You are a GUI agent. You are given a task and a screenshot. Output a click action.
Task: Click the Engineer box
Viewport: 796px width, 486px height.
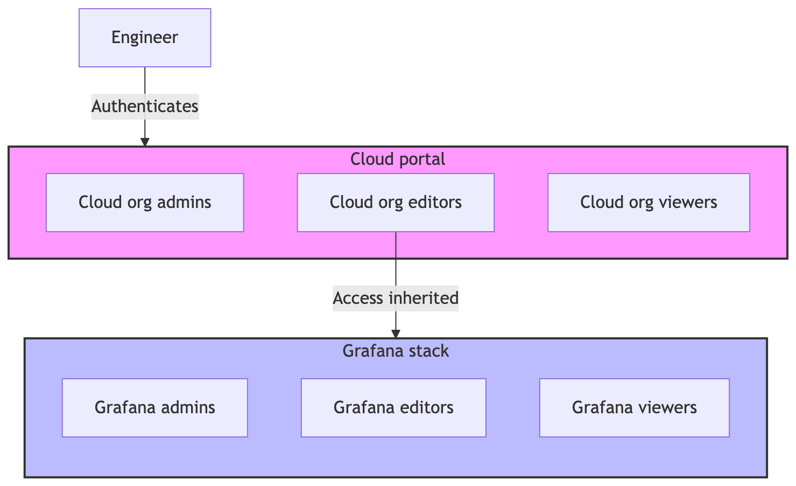[x=145, y=38]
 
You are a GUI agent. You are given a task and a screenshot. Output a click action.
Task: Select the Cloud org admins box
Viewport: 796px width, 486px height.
[x=145, y=203]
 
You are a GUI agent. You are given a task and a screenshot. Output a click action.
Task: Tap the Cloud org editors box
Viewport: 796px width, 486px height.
[x=396, y=203]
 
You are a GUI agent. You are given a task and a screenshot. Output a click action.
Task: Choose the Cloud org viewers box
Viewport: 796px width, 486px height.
[x=649, y=203]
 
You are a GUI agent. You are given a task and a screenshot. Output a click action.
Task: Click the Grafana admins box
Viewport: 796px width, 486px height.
[x=155, y=407]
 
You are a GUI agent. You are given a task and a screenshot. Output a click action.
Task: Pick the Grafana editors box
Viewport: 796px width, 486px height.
[x=393, y=407]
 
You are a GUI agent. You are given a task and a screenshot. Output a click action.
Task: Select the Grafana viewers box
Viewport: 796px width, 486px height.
[x=634, y=407]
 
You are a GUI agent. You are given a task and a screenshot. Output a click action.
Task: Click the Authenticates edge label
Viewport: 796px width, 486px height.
[x=145, y=107]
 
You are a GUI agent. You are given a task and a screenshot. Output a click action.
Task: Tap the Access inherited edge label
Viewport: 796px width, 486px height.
[x=396, y=298]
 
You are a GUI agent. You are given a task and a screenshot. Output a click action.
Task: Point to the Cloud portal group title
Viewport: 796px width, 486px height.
[x=398, y=159]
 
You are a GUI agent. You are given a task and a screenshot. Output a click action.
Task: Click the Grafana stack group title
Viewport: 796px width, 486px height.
[x=396, y=351]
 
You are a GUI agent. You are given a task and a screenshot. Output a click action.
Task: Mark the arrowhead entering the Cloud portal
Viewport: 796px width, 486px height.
[x=145, y=142]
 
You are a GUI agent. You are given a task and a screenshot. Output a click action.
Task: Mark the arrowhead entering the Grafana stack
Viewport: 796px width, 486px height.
[x=396, y=334]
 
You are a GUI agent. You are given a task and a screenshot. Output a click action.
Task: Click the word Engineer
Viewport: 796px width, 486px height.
[x=145, y=38]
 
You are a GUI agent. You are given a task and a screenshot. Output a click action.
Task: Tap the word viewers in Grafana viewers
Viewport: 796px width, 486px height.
[x=666, y=407]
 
